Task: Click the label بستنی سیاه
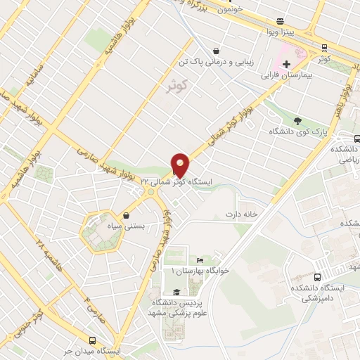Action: tap(127, 227)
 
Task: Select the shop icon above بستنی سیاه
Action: tap(125, 215)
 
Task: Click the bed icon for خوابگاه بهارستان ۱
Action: tap(200, 261)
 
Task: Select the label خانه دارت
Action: tap(238, 213)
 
